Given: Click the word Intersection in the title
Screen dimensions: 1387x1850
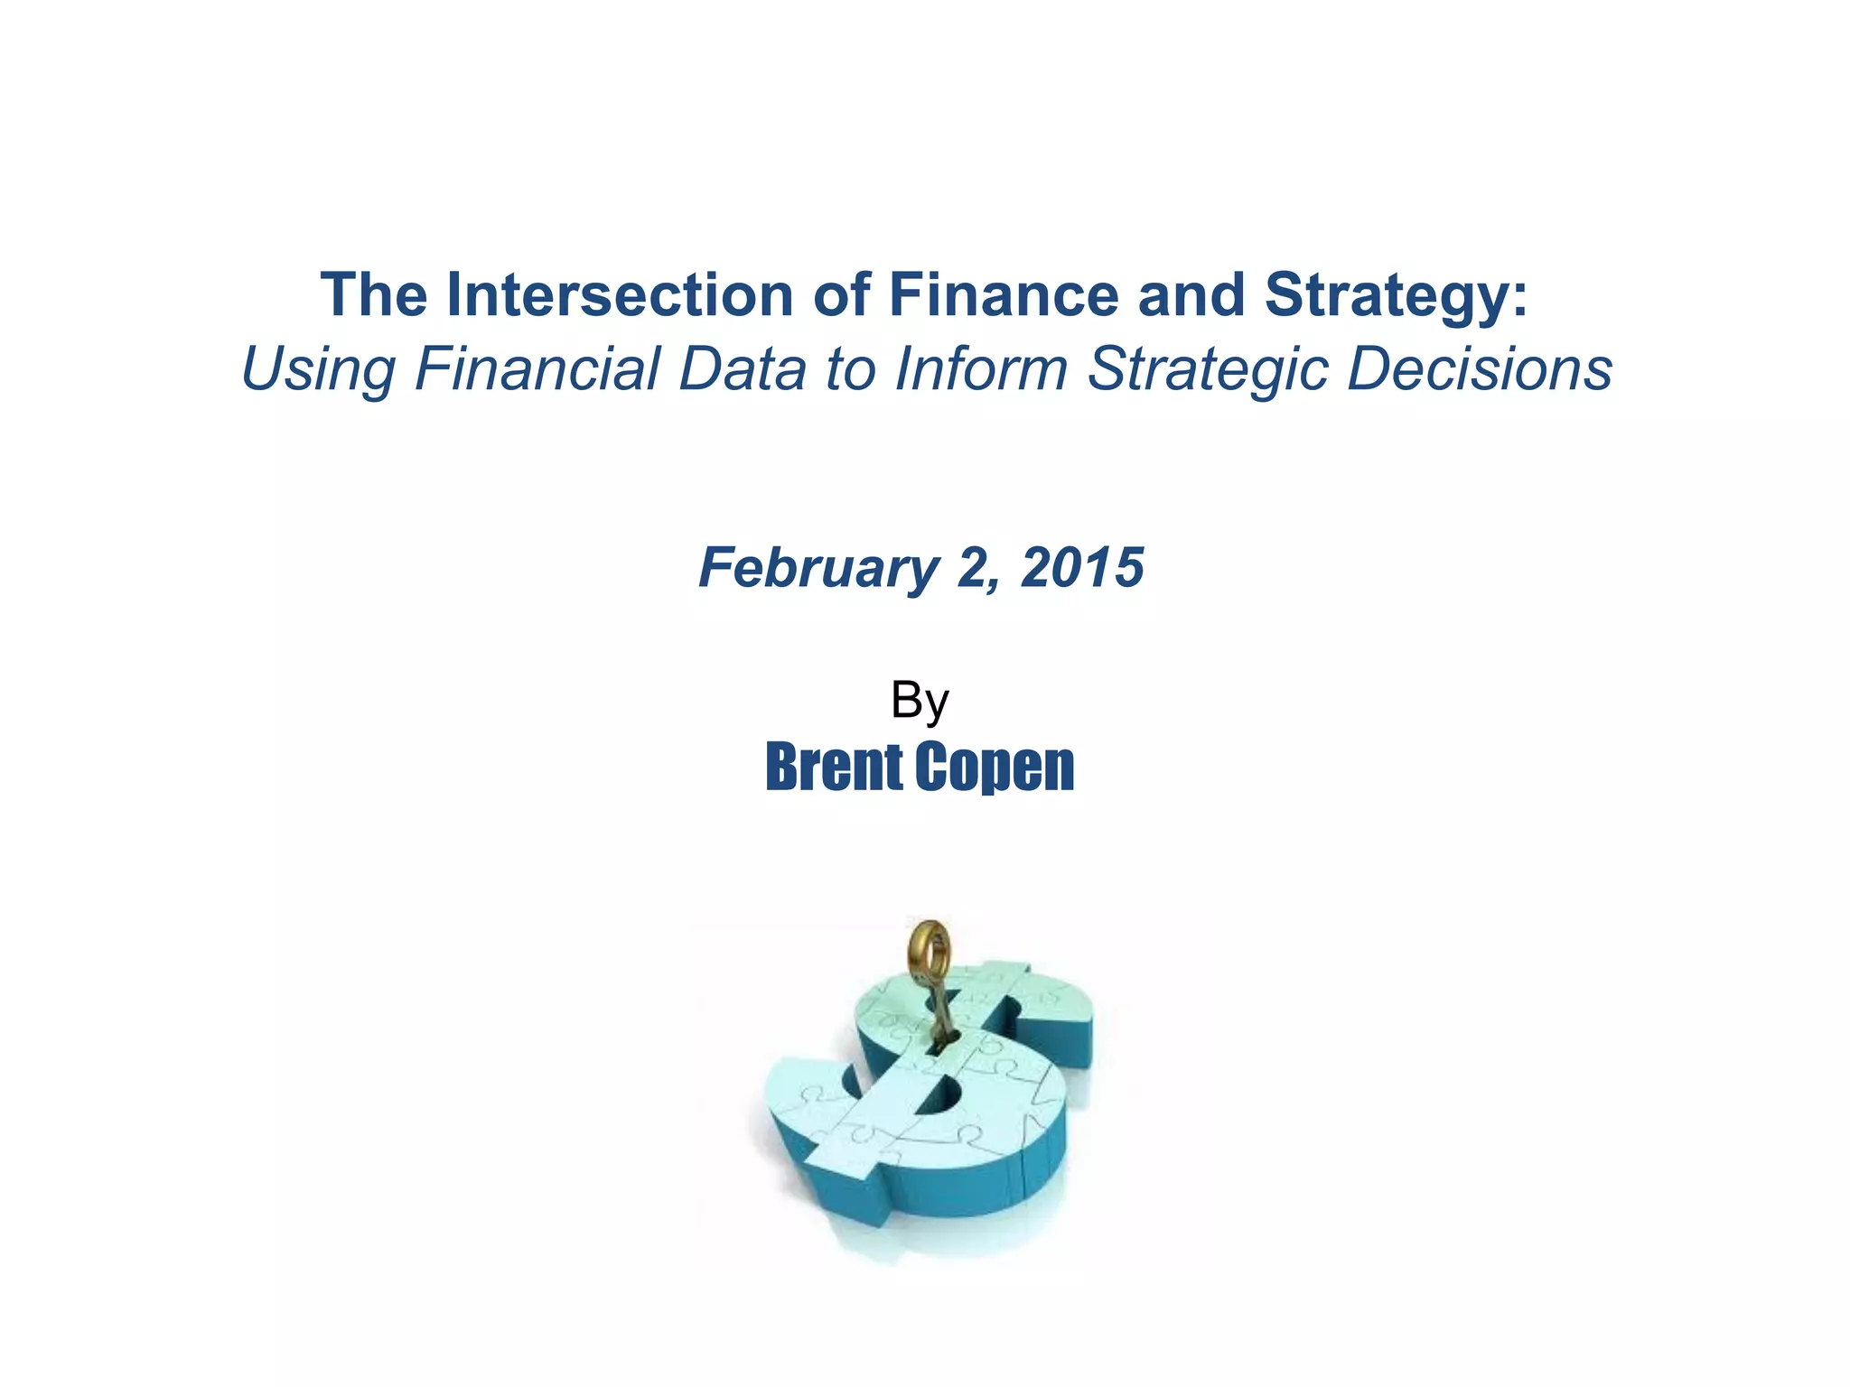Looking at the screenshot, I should click(619, 295).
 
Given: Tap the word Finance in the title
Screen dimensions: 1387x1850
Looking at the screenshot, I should click(1004, 295).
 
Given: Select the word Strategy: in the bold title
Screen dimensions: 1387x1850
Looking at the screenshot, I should click(1397, 295).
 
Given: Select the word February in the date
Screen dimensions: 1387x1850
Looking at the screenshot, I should click(818, 569).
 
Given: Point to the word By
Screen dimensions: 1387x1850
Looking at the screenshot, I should click(920, 701).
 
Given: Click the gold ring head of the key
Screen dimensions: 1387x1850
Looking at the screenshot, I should click(929, 955).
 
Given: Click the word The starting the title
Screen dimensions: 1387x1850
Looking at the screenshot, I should click(373, 295).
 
